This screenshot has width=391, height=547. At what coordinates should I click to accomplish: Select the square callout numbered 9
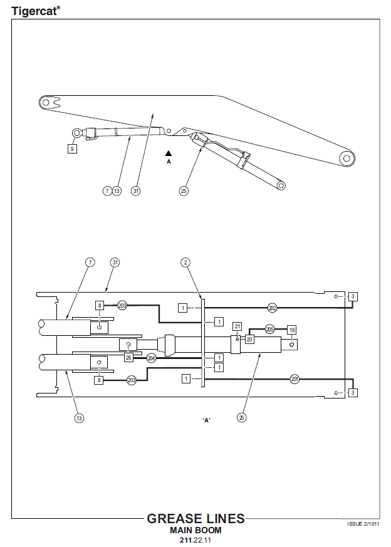(x=72, y=149)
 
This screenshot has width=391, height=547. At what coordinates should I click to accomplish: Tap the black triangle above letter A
(x=169, y=153)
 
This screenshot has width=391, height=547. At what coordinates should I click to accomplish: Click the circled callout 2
(x=185, y=263)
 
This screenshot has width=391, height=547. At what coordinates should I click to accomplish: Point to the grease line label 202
(x=273, y=308)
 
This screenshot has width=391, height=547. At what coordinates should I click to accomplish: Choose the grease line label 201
(x=295, y=379)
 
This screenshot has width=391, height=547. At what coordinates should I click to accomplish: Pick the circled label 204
(x=151, y=358)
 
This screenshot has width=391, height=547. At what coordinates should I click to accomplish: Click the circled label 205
(x=270, y=329)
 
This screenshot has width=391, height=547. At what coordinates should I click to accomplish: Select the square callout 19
(x=292, y=330)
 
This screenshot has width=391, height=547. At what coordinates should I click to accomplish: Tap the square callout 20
(x=249, y=339)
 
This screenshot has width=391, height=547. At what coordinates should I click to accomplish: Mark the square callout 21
(x=237, y=326)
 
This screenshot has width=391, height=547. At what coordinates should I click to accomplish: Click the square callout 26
(x=128, y=358)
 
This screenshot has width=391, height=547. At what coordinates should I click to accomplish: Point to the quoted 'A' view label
(x=207, y=420)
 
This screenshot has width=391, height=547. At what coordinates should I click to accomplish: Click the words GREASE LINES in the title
(x=195, y=519)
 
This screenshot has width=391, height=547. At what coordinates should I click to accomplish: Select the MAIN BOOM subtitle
(x=195, y=530)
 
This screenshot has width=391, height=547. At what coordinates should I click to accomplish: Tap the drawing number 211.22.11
(x=195, y=540)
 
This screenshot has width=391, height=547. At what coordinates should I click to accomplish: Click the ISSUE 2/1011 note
(x=363, y=524)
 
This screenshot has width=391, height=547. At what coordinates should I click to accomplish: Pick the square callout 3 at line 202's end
(x=353, y=296)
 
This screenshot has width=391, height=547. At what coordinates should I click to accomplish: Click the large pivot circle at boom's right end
(x=347, y=159)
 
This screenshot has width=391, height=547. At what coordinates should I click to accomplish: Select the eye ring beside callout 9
(x=76, y=133)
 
